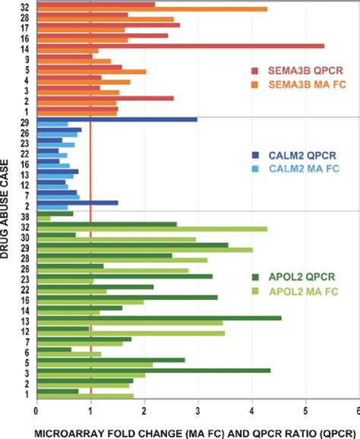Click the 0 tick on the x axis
[36, 408]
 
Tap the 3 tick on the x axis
[198, 408]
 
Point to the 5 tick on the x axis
[306, 408]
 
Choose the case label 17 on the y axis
[26, 26]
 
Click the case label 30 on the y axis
[26, 236]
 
